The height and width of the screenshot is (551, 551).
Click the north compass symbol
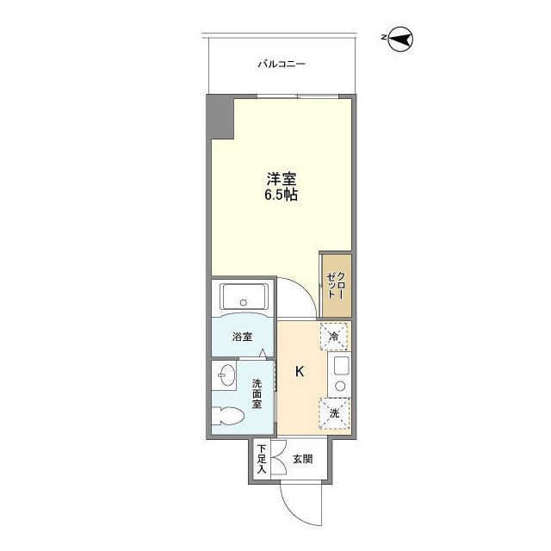click(x=401, y=38)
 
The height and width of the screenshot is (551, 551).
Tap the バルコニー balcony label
click(x=282, y=65)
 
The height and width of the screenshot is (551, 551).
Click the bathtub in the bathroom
click(x=245, y=299)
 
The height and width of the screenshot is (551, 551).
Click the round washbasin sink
click(x=228, y=376)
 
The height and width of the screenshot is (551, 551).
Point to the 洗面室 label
click(x=257, y=394)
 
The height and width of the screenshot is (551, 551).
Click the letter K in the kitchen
click(x=300, y=372)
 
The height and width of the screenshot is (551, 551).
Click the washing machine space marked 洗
click(x=335, y=412)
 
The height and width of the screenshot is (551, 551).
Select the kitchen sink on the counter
click(x=338, y=372)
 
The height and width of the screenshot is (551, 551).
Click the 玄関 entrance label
click(x=300, y=459)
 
